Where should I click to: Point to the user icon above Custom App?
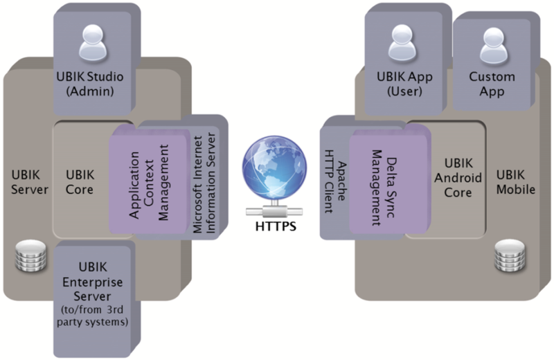point(492,47)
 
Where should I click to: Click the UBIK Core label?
point(80,181)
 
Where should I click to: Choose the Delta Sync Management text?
point(382,186)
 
